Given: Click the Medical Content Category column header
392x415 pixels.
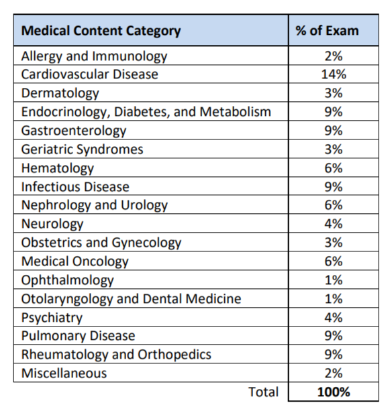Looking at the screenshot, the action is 101,31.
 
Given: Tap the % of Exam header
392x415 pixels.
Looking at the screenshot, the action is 327,30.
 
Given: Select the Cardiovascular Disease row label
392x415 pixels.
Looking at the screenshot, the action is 89,74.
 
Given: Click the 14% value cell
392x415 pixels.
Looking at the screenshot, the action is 334,74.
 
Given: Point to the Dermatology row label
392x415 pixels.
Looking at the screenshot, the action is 60,93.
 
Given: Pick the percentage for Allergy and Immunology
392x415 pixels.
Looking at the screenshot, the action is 334,56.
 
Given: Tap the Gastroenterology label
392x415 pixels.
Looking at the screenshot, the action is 74,131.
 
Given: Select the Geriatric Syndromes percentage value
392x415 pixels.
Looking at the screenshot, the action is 334,150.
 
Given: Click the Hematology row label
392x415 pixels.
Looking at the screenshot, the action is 58,168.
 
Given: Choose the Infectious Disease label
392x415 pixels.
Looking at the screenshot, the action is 75,186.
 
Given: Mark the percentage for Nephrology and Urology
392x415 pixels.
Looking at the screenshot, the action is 334,205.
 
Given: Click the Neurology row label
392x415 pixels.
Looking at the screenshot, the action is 52,224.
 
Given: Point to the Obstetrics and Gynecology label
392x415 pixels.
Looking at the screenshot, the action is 101,243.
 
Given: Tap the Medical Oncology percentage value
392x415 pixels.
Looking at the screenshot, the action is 334,261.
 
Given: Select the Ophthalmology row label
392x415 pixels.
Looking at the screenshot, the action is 68,280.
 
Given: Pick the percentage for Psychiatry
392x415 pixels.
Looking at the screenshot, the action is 334,317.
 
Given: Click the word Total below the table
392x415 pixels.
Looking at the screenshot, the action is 263,392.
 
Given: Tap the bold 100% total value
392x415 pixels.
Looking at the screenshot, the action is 334,392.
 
